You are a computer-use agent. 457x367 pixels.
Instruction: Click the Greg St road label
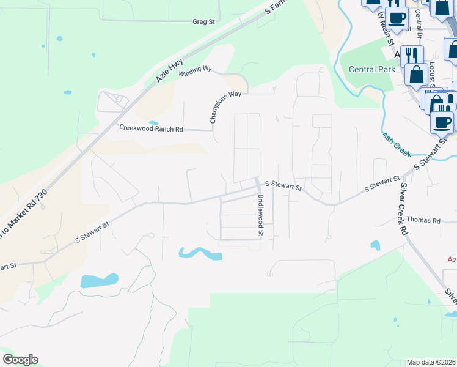tap(204, 21)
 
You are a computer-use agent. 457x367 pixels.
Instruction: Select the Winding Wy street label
tap(195, 70)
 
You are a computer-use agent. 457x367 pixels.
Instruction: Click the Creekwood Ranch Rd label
tap(151, 129)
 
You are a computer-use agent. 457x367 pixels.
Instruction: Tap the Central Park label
tap(371, 69)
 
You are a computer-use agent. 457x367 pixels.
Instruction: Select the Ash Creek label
tap(397, 144)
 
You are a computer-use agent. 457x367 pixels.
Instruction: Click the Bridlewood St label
tap(260, 215)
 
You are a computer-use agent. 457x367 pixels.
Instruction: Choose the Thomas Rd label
tap(423, 220)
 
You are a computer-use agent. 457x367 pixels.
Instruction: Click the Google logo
tap(20, 360)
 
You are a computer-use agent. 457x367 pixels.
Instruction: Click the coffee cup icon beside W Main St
tap(397, 18)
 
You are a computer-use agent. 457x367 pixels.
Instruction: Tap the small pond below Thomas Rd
tap(375, 245)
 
